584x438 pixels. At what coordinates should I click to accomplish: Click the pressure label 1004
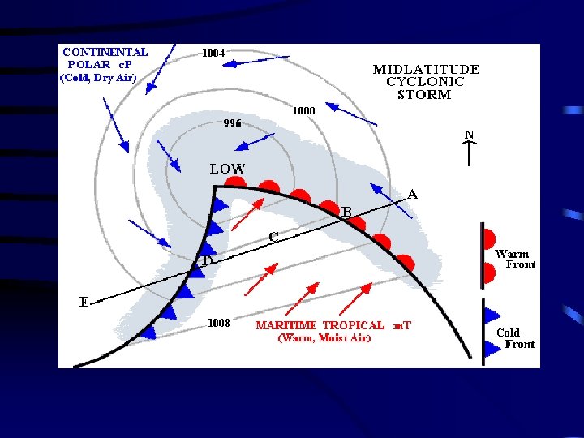coord(213,53)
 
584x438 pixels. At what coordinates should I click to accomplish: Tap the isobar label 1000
coord(303,110)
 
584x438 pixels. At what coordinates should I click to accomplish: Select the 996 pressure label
coord(232,124)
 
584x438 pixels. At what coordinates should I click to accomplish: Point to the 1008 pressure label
coord(220,323)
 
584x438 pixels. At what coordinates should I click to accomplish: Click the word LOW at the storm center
coord(227,170)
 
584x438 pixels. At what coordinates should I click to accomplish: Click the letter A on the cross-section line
coord(413,195)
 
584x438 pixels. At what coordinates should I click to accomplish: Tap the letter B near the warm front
coord(346,212)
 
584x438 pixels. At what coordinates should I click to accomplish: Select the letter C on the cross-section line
coord(274,237)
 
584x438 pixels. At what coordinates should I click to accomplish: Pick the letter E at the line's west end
coord(84,303)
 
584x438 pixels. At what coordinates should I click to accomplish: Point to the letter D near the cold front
coord(208,262)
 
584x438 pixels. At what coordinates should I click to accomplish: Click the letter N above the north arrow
coord(469,133)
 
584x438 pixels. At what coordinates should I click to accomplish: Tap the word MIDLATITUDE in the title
coord(426,70)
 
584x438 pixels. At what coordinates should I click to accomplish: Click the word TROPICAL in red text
coord(354,325)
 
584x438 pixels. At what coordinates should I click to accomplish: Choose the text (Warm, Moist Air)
coord(324,338)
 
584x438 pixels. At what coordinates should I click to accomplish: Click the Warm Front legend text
coord(514,259)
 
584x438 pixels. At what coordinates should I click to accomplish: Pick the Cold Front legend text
coord(514,338)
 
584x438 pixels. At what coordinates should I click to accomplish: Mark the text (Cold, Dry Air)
coord(98,78)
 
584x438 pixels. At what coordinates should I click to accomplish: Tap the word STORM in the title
coord(424,94)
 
